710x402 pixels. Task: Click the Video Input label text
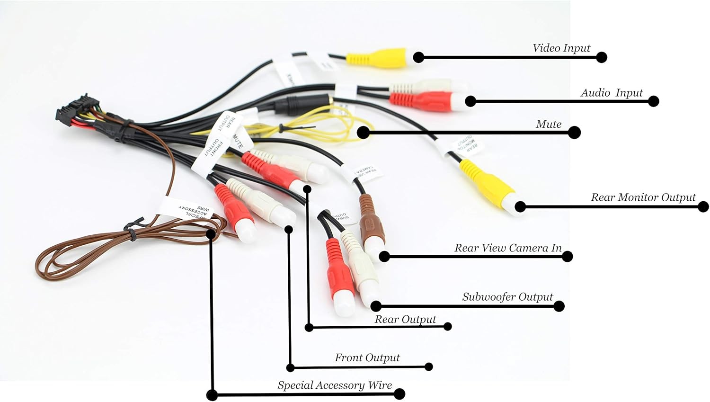(561, 48)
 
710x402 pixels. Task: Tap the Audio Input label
(612, 93)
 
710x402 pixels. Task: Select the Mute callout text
(549, 124)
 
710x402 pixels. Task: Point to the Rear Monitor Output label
(643, 197)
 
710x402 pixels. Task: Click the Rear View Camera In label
(508, 248)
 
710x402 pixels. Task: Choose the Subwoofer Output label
(507, 297)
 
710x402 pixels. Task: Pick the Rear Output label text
(405, 319)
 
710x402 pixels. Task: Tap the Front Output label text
(367, 357)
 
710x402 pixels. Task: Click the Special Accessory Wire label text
(335, 385)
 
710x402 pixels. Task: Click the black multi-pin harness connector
(76, 111)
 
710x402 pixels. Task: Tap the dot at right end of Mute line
(574, 133)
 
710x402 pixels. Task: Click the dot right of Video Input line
(601, 57)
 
